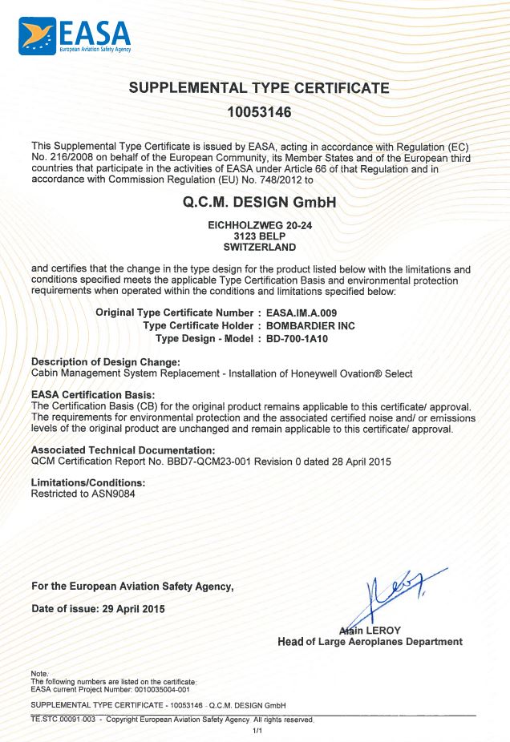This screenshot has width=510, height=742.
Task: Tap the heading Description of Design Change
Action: pyautogui.click(x=105, y=362)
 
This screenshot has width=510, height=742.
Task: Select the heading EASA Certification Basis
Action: pyautogui.click(x=92, y=395)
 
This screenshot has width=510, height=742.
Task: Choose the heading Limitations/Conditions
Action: pyautogui.click(x=87, y=483)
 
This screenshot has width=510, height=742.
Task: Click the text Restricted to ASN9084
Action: pyautogui.click(x=83, y=494)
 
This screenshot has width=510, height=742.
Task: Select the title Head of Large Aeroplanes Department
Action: pyautogui.click(x=369, y=642)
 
